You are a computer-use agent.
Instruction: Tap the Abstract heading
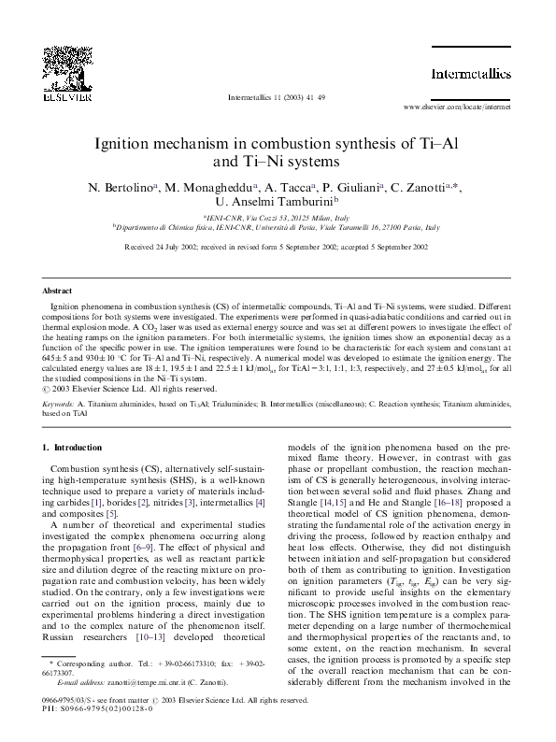(x=58, y=292)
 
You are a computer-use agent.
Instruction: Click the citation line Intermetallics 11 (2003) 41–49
(x=277, y=97)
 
